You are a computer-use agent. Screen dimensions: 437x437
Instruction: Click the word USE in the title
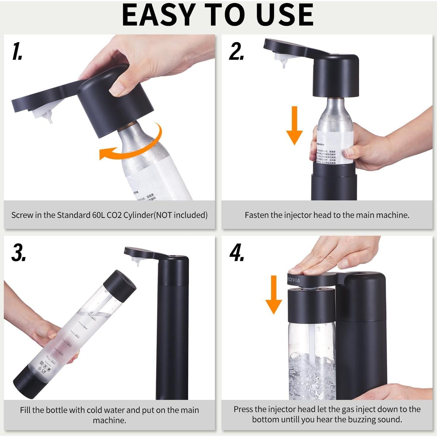tap(285, 15)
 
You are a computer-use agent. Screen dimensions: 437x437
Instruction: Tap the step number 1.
tap(18, 51)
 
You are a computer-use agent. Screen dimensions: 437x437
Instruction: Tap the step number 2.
tap(236, 51)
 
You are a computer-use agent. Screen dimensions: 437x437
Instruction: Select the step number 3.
tap(18, 253)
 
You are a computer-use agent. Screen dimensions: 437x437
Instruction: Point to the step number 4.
tap(237, 253)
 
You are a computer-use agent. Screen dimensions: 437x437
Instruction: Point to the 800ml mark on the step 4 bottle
tap(296, 374)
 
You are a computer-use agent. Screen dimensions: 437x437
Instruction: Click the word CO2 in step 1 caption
tap(114, 215)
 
